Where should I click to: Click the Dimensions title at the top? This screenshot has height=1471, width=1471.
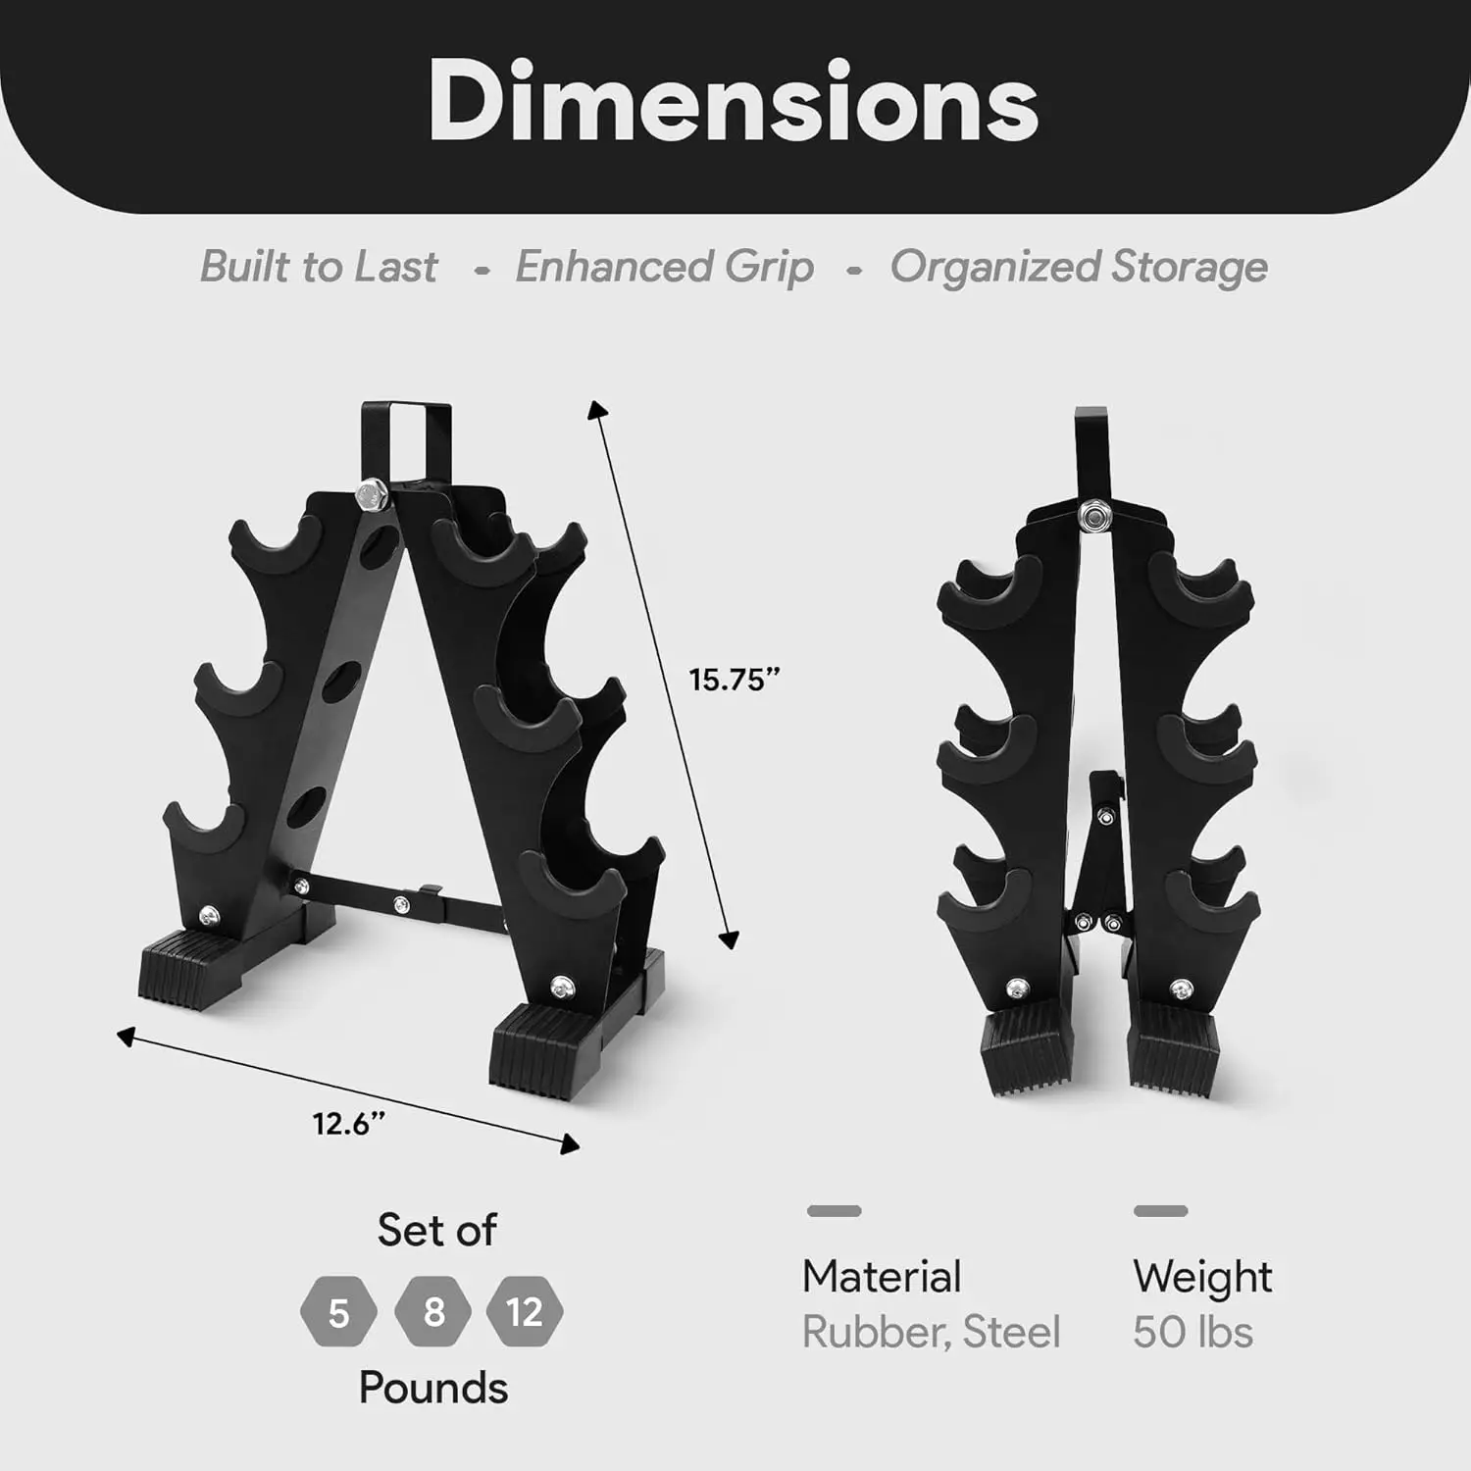tap(734, 102)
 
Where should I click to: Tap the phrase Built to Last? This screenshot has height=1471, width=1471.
tap(319, 267)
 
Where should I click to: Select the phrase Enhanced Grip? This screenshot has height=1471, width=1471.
tap(664, 267)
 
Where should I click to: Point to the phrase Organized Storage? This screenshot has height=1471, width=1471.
tap(1078, 267)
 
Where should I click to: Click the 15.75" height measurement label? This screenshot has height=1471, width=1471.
tap(734, 680)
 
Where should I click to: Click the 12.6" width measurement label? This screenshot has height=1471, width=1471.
tap(348, 1123)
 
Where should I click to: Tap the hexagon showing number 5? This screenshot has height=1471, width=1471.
tap(338, 1312)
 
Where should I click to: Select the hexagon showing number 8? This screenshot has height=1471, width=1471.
tap(432, 1311)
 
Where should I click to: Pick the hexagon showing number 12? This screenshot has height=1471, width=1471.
tap(525, 1311)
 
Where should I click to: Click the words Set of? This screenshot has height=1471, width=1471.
tap(436, 1230)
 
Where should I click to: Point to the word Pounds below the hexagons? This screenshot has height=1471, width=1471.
tap(432, 1388)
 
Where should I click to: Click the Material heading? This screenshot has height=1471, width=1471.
tap(881, 1277)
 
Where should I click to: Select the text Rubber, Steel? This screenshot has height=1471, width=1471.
tap(931, 1333)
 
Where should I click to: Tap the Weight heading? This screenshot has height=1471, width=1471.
tap(1201, 1277)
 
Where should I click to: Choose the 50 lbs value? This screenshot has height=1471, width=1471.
tap(1192, 1333)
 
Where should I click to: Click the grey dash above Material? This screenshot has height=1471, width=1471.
tap(834, 1211)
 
